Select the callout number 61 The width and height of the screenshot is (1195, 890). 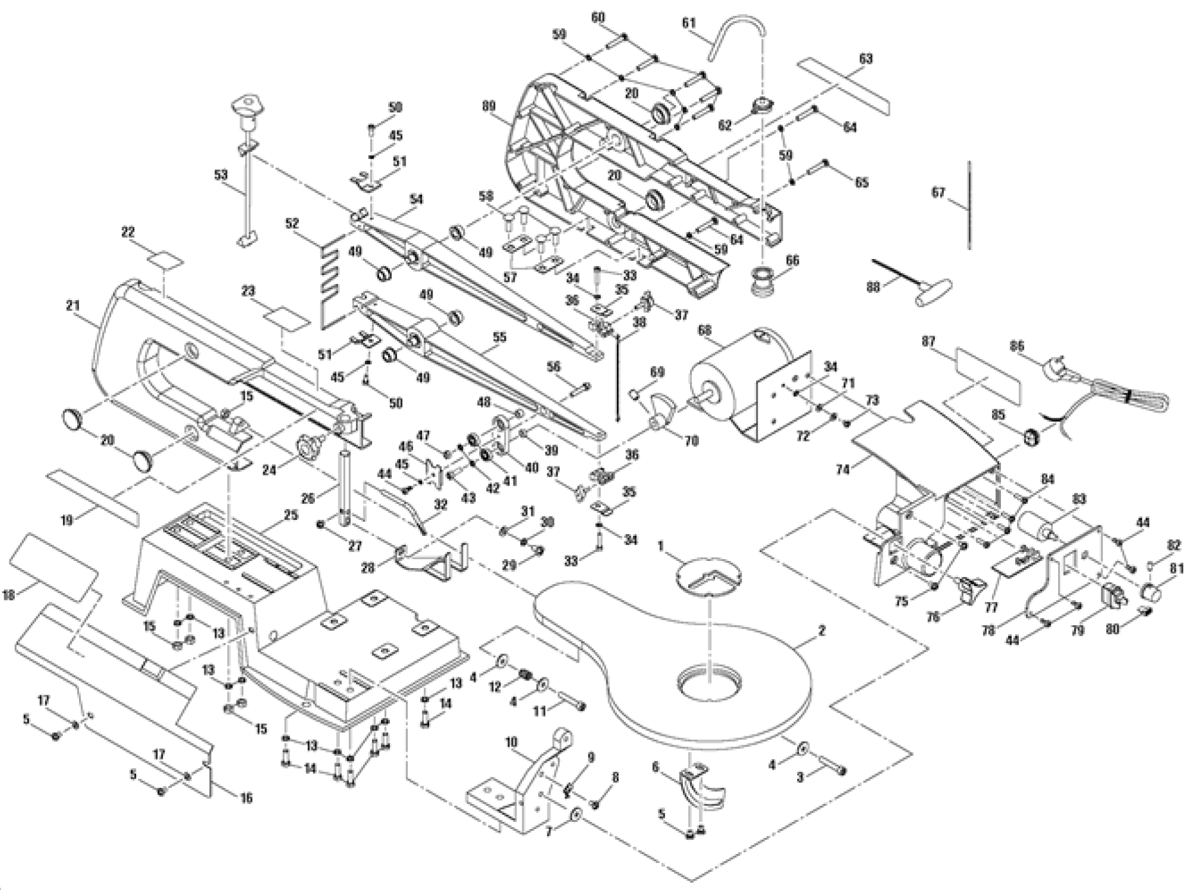[x=689, y=23]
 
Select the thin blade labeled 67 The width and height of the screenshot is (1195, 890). [x=969, y=206]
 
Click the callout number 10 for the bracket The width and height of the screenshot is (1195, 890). [x=511, y=742]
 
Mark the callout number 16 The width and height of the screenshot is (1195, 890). [x=245, y=798]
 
